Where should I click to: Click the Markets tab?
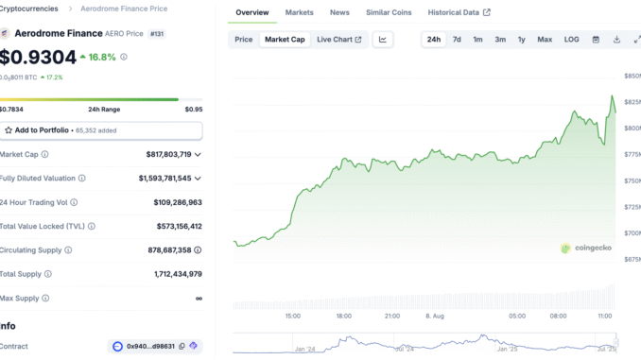point(299,13)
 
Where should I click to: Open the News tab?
point(339,13)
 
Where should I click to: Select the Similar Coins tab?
point(389,13)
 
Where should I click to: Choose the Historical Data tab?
point(459,13)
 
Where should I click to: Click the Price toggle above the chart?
point(244,40)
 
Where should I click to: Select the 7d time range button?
point(457,40)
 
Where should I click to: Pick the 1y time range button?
point(522,40)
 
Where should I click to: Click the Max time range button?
point(545,40)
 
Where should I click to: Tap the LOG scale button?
point(572,40)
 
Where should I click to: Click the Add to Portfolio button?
point(101,129)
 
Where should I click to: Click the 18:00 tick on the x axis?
point(344,317)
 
